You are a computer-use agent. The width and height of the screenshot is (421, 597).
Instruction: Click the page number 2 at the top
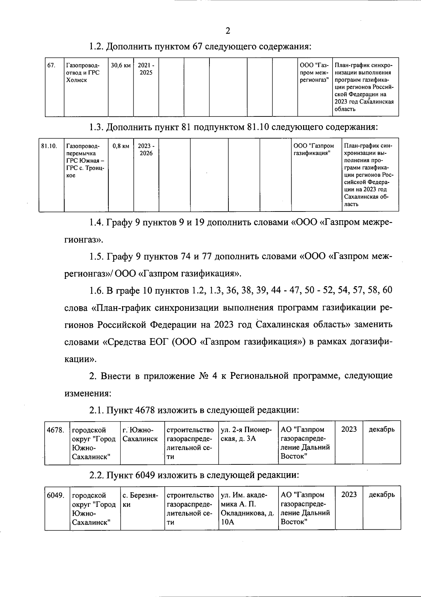(x=228, y=31)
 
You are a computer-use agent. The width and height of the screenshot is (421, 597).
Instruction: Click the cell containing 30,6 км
(x=121, y=66)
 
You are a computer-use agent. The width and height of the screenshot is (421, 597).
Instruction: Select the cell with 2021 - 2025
(x=146, y=69)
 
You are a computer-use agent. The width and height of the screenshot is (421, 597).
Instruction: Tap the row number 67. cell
(x=51, y=66)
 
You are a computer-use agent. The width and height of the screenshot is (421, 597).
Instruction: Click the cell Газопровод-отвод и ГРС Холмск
(x=83, y=73)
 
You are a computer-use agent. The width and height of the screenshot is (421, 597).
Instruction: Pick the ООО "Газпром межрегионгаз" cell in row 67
(x=314, y=73)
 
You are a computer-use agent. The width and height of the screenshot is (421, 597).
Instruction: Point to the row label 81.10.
(x=49, y=146)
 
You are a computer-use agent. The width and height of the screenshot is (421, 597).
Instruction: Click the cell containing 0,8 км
(x=121, y=146)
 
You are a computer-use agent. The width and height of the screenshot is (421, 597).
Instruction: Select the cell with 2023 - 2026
(x=146, y=150)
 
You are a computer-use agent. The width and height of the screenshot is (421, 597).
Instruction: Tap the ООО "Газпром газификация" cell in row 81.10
(x=314, y=150)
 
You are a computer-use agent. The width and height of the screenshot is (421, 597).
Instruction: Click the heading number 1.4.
(x=95, y=223)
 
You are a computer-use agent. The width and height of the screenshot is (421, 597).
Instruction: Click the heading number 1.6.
(x=95, y=290)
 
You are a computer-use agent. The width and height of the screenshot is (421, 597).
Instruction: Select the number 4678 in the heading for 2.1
(x=144, y=410)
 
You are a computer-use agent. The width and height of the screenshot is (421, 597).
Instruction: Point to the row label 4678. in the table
(x=55, y=430)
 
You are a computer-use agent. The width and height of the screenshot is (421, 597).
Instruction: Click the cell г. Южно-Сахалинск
(x=140, y=434)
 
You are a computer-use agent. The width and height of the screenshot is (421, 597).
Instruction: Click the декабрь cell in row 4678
(x=381, y=430)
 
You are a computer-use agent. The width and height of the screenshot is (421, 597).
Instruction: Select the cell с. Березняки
(x=140, y=500)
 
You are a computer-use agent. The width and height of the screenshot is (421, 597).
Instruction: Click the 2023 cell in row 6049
(x=349, y=495)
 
